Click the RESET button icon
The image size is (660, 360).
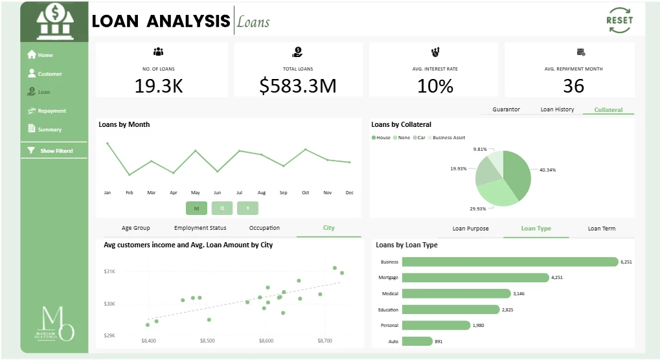coord(619,20)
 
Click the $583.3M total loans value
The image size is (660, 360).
coord(298,85)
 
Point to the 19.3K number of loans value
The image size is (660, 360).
coord(159,85)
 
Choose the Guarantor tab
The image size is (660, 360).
coord(506,109)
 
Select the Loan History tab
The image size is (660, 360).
coord(557,109)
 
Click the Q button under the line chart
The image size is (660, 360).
coord(222,208)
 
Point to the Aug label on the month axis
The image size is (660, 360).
coord(261,193)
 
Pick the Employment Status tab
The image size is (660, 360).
coord(200,228)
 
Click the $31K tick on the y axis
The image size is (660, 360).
coord(109,271)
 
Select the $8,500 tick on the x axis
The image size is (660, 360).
coord(207,340)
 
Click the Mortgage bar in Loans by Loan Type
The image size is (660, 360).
coord(475,278)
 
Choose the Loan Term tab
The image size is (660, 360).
coord(601,229)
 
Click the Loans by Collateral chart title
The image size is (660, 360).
coord(401,124)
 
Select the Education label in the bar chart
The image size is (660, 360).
coord(388,309)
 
